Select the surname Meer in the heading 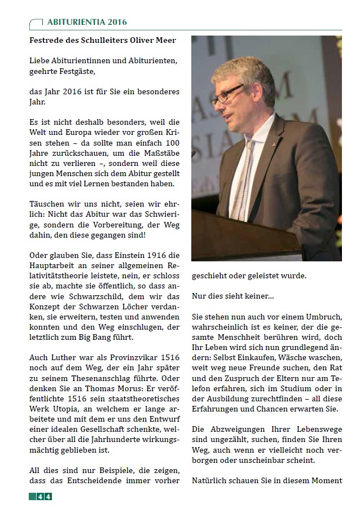click(x=163, y=41)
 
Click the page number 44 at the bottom click(x=45, y=496)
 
